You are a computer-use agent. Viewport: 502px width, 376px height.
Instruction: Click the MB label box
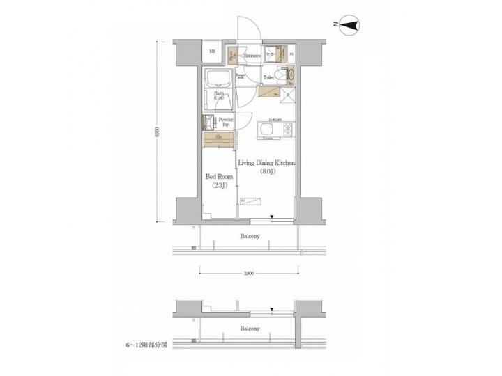pyautogui.click(x=212, y=52)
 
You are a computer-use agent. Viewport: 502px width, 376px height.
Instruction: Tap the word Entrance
pyautogui.click(x=252, y=56)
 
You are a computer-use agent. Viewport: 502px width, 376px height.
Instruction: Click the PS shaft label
pyautogui.click(x=291, y=54)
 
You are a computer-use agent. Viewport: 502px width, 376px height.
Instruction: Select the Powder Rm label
pyautogui.click(x=226, y=123)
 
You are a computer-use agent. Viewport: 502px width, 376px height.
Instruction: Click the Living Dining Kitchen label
pyautogui.click(x=268, y=163)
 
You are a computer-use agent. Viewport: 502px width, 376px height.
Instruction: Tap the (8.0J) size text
pyautogui.click(x=268, y=172)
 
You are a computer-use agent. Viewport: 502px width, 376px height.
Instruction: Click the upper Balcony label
pyautogui.click(x=250, y=237)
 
